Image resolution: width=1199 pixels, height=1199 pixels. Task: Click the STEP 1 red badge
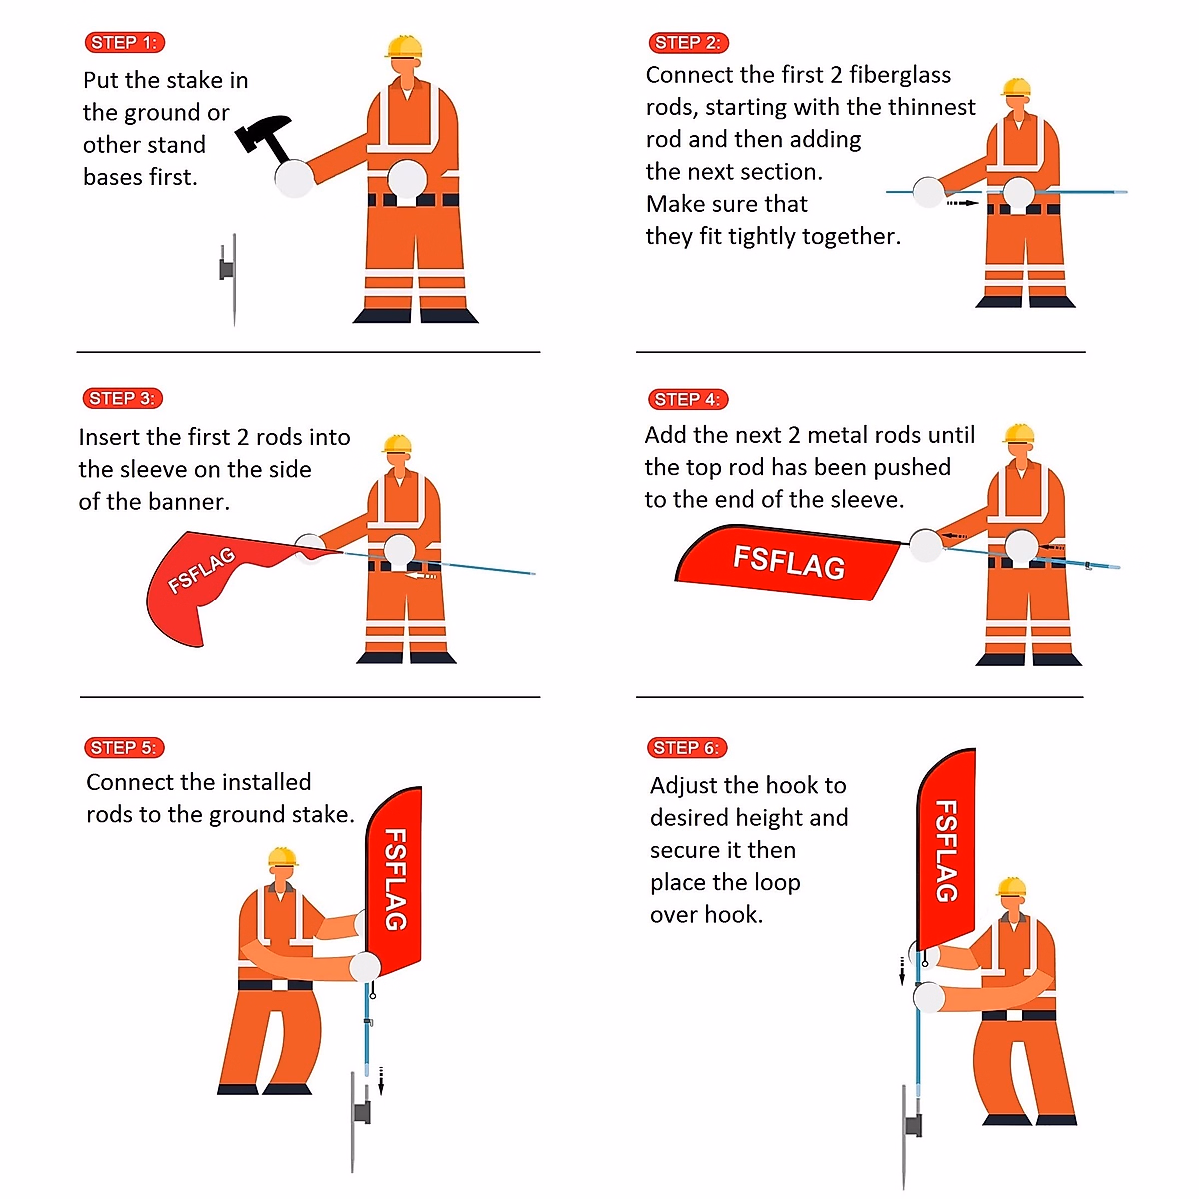pos(125,42)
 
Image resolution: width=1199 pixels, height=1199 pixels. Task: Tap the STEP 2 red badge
pos(688,42)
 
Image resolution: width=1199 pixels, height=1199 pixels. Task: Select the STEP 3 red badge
pos(123,398)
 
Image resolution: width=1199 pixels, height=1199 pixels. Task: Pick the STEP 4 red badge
pos(688,399)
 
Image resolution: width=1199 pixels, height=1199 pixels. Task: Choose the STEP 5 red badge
pos(125,748)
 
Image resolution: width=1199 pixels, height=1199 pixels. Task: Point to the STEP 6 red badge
pos(687,748)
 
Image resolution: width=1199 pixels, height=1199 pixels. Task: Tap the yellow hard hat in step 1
pos(404,46)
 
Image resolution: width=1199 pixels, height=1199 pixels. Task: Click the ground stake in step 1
pos(229,279)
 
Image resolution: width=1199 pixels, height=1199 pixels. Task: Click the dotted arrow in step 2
pos(962,202)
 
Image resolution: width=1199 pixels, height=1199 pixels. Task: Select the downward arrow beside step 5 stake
pos(381,1080)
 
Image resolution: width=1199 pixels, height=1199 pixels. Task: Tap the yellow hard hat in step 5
pos(282,856)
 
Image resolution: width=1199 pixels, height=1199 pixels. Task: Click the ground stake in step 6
pos(909,1137)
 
